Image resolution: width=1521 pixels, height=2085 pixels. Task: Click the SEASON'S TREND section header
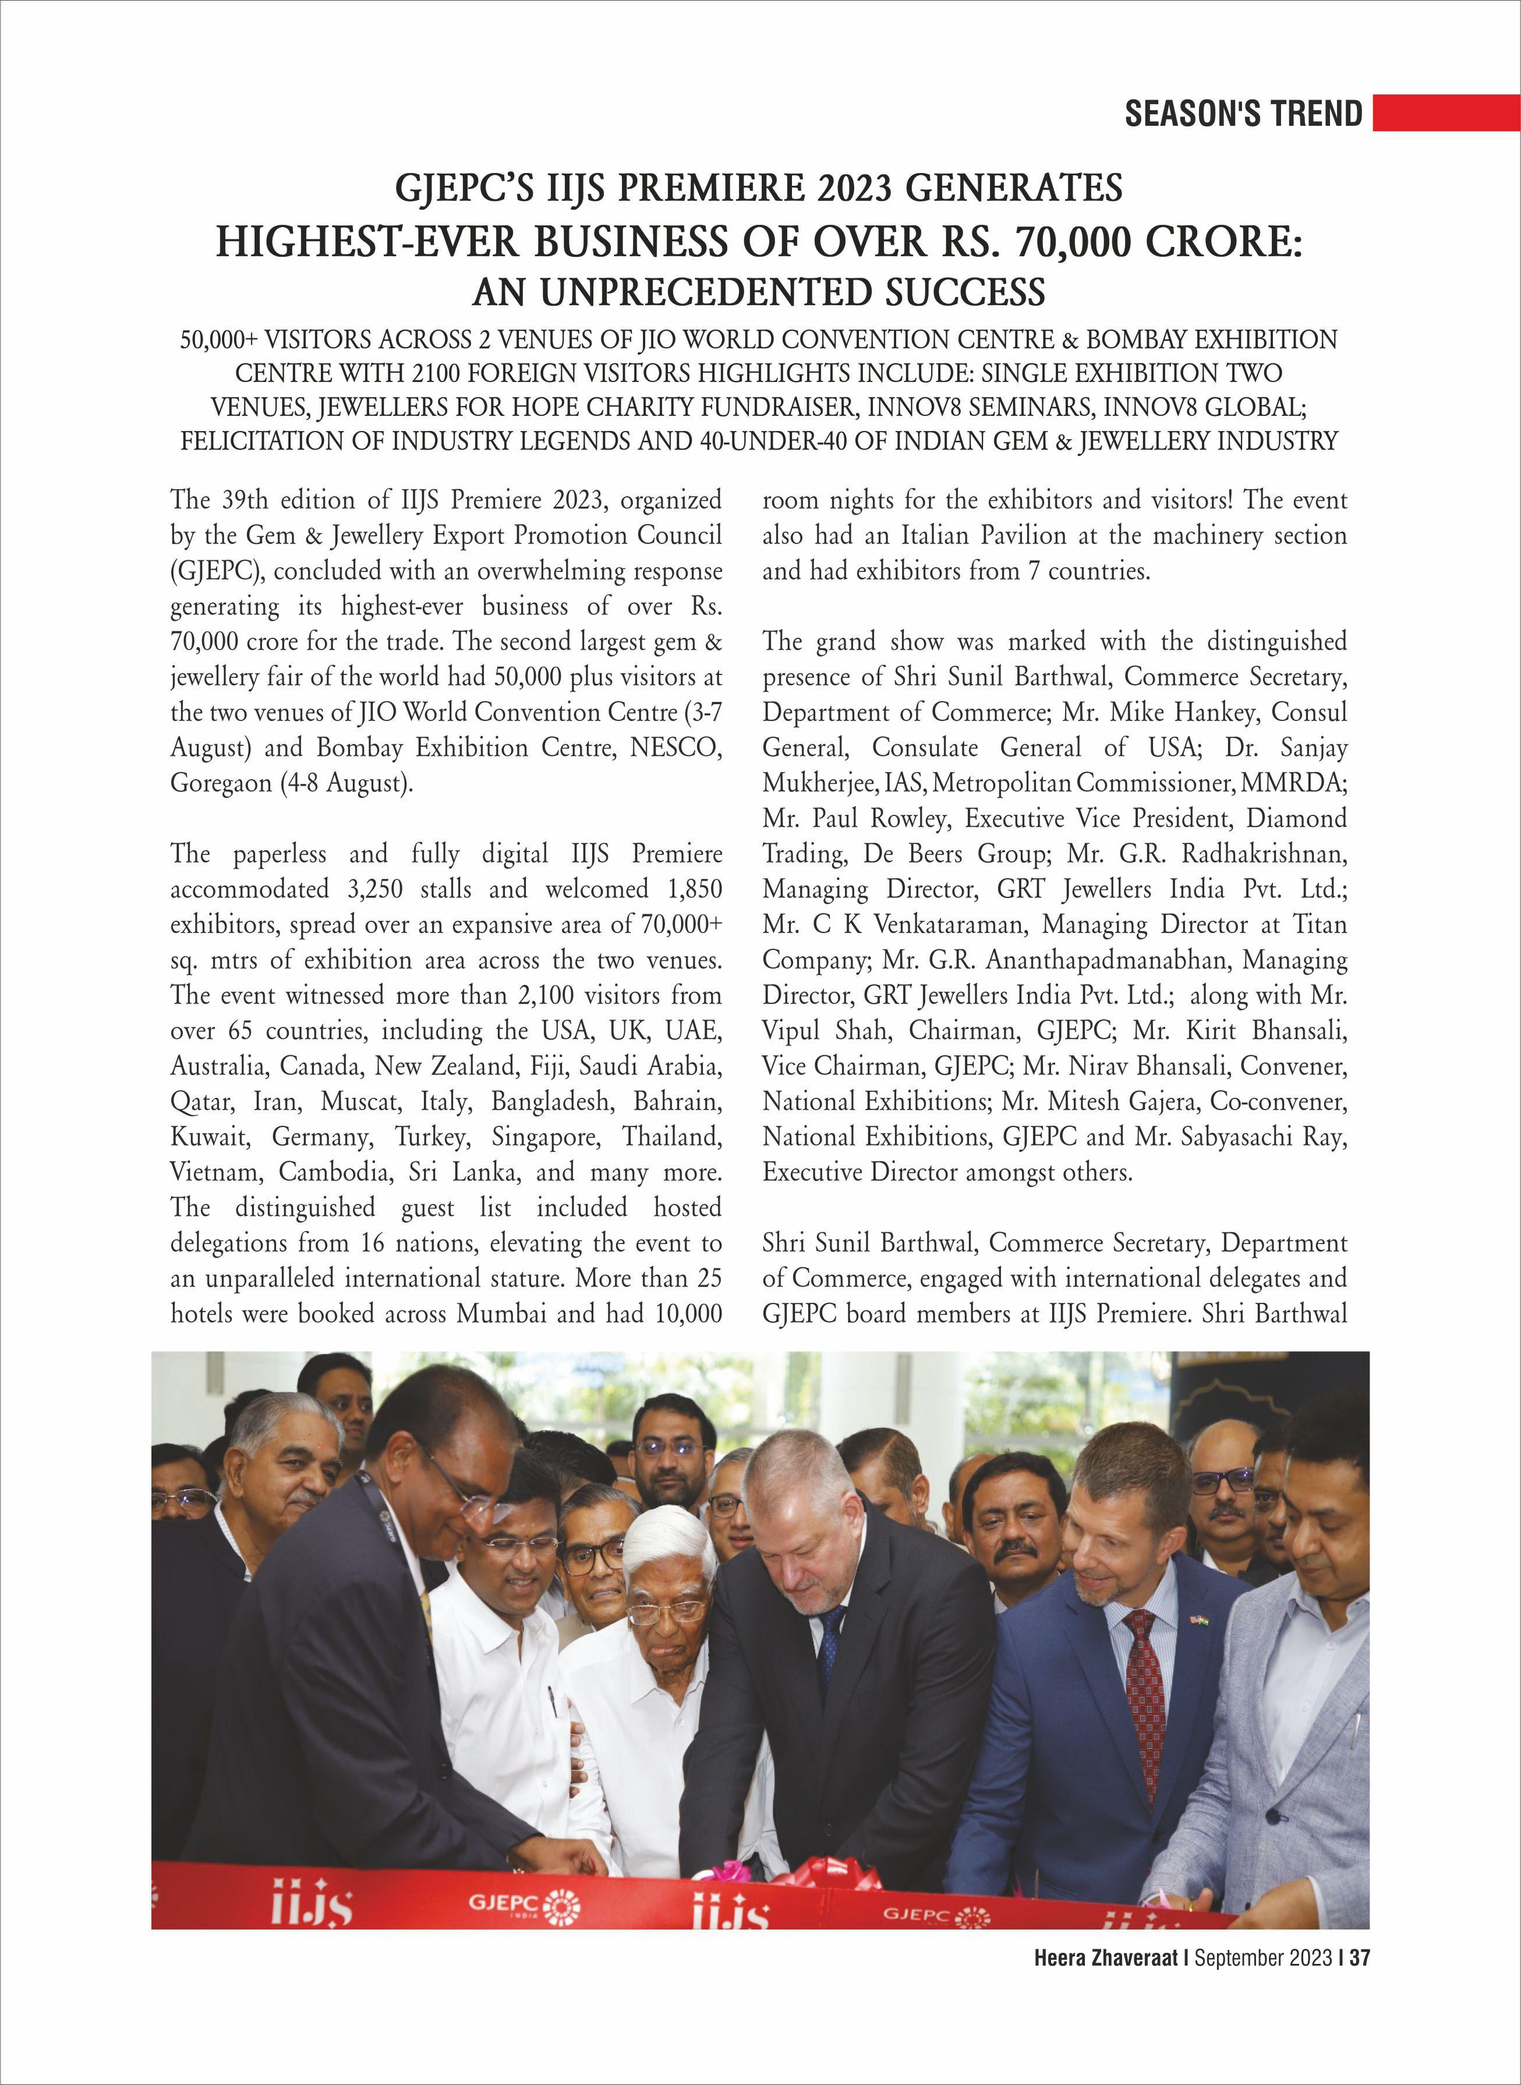(x=1243, y=113)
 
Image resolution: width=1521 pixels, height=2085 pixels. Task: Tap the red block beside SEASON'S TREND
(x=1445, y=113)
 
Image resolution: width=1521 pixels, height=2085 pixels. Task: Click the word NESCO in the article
(x=677, y=748)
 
